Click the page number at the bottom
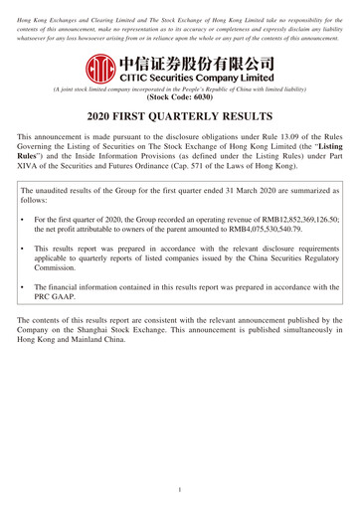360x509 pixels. (x=180, y=490)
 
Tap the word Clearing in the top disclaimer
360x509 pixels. (x=102, y=7)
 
